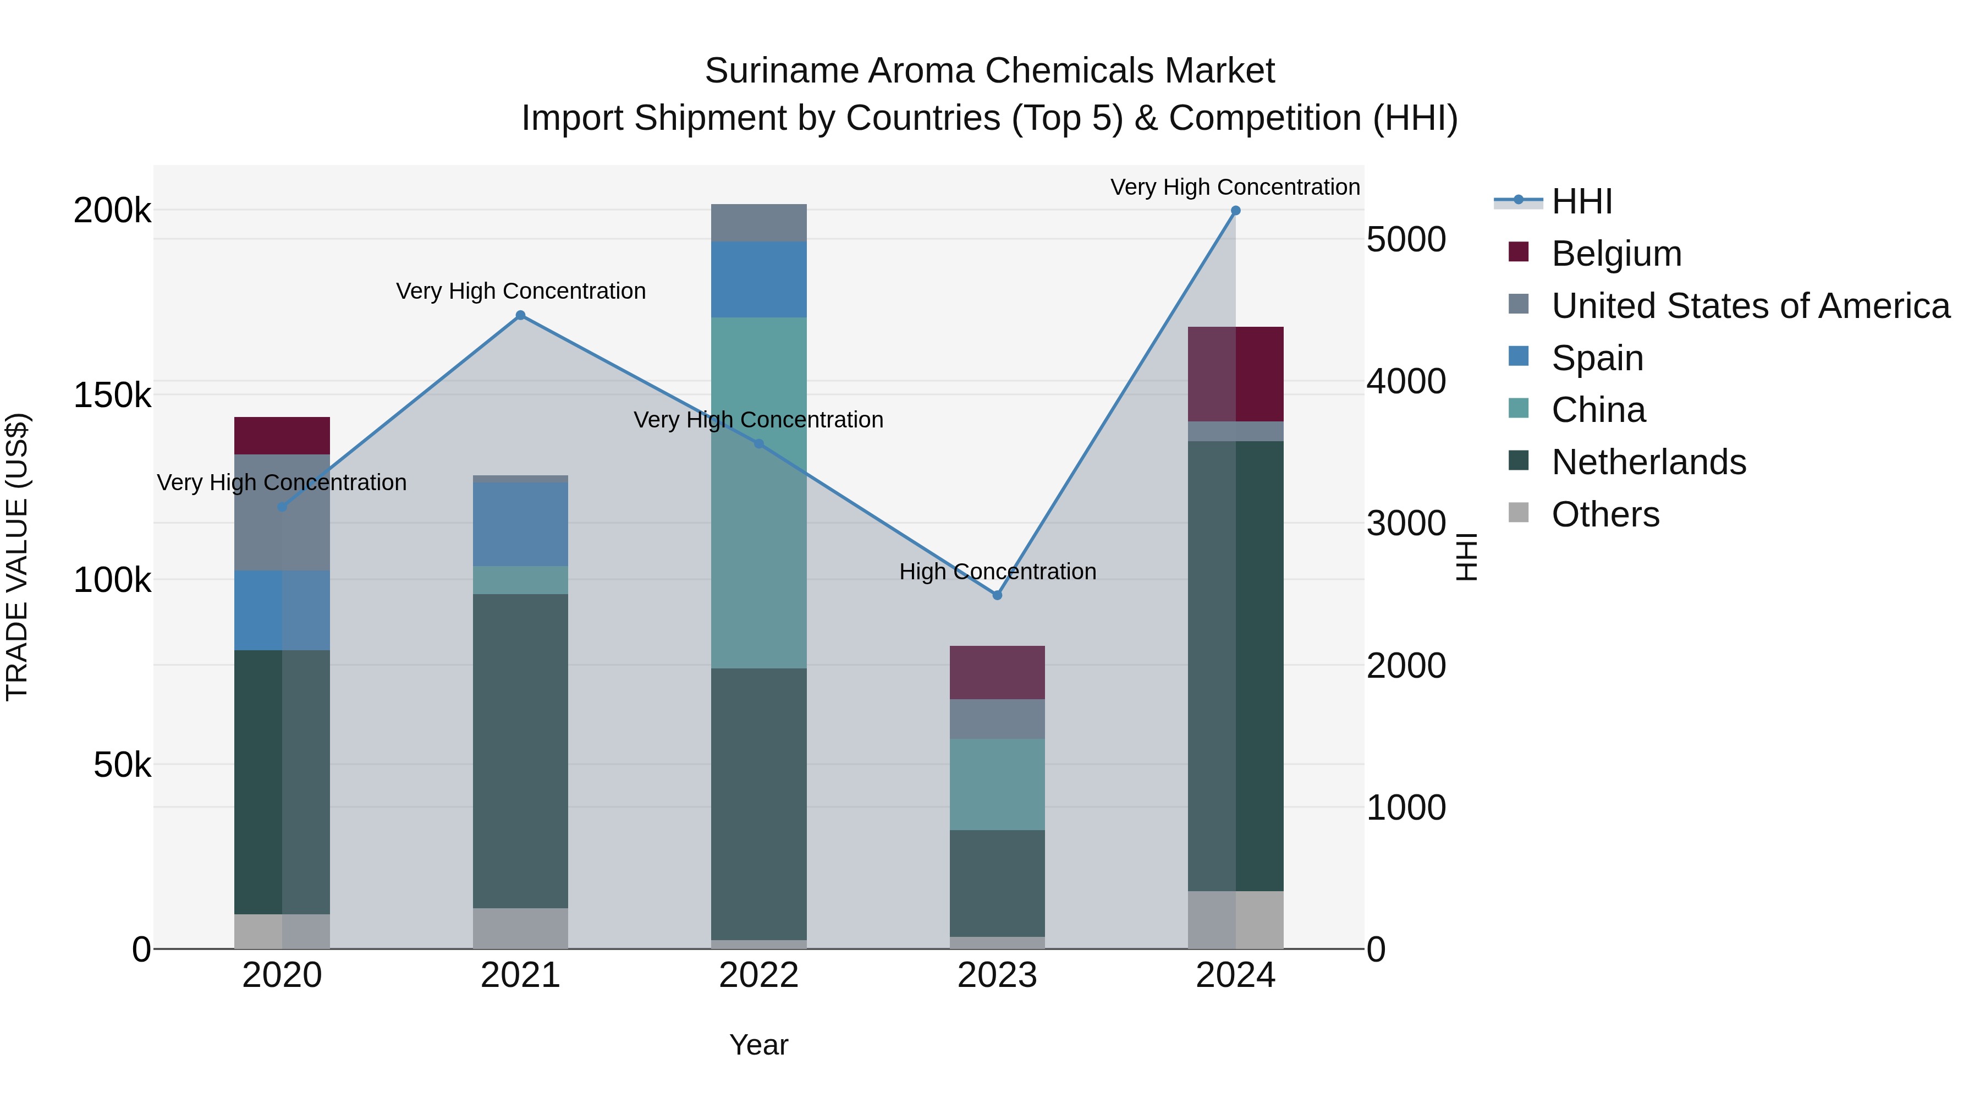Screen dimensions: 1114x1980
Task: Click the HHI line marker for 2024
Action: click(1235, 211)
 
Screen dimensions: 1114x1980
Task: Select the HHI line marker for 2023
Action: click(997, 595)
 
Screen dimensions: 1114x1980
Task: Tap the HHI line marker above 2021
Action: click(520, 315)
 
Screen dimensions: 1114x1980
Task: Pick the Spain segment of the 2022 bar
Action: click(758, 279)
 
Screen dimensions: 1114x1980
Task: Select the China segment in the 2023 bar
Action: click(997, 784)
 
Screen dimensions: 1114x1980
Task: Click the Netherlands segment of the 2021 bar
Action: click(520, 750)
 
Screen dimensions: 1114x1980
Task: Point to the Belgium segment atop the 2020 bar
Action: click(282, 435)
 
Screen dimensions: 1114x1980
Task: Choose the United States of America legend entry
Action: click(1750, 306)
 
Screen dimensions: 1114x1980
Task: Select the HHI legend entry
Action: click(1581, 201)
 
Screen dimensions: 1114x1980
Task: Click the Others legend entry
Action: click(1605, 514)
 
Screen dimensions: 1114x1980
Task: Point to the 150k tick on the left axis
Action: click(112, 396)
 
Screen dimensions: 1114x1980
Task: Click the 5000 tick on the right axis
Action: click(1406, 239)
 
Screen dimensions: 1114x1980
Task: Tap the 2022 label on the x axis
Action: click(758, 975)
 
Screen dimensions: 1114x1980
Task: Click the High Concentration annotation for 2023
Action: click(997, 572)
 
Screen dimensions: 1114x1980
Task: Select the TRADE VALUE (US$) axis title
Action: click(17, 557)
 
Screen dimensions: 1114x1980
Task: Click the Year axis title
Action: click(758, 1045)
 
